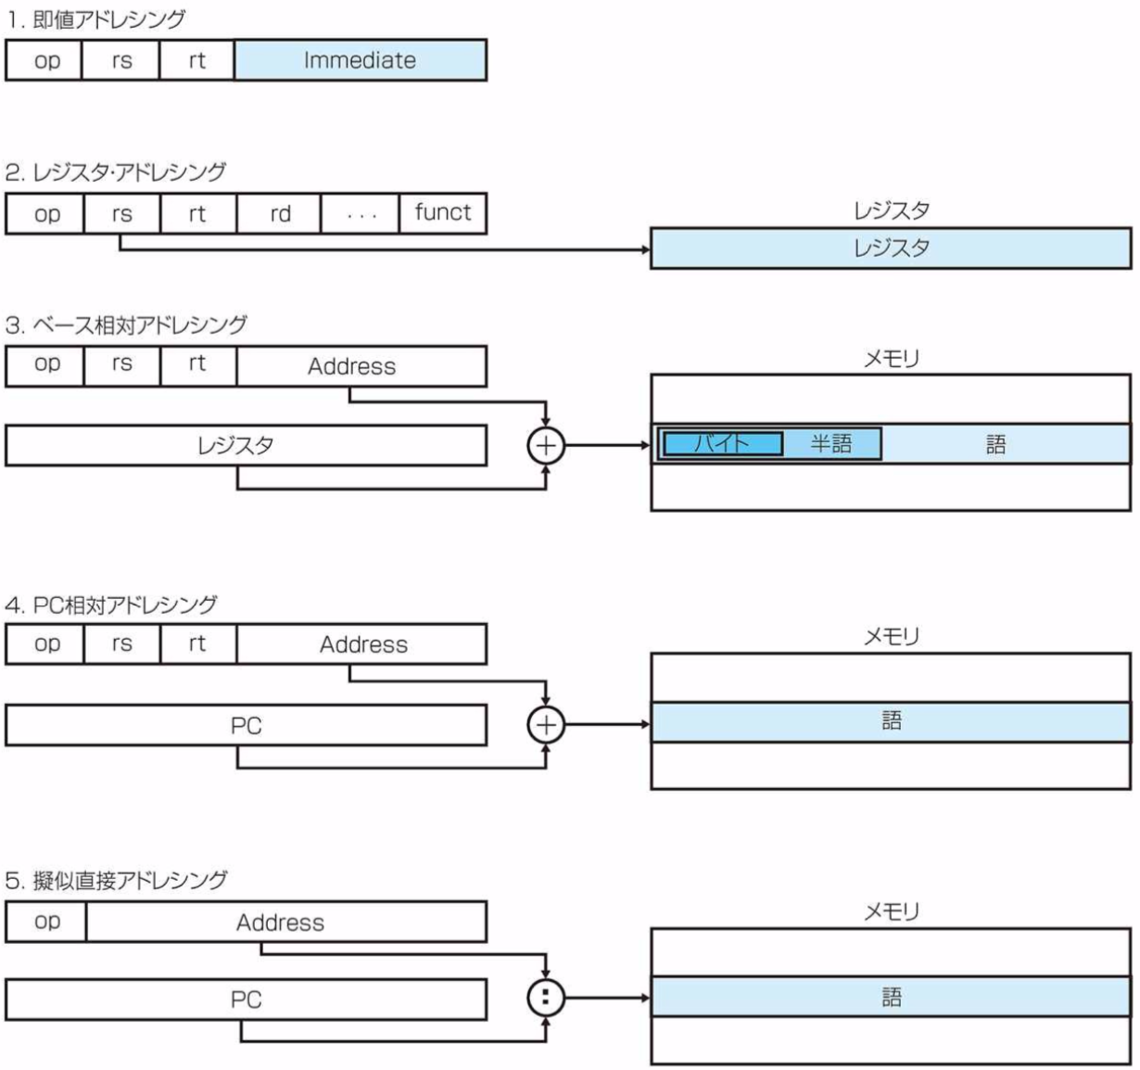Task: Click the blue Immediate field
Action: click(x=360, y=60)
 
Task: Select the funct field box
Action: click(x=443, y=213)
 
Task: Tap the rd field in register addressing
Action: click(x=280, y=213)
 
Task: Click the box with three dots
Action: click(x=361, y=213)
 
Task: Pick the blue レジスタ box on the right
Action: click(x=890, y=248)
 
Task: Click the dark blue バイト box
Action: click(x=721, y=444)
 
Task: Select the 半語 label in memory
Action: click(x=831, y=444)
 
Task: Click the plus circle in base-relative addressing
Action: click(x=545, y=445)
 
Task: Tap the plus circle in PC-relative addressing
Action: click(x=545, y=724)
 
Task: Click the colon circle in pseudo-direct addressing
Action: click(x=545, y=998)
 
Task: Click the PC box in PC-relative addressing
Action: click(x=246, y=725)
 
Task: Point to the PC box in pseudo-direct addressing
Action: click(x=246, y=1000)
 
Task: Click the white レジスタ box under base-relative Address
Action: click(x=246, y=445)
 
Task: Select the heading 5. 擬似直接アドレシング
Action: click(x=116, y=880)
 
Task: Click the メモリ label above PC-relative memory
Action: click(x=890, y=636)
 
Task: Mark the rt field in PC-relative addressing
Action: click(x=197, y=644)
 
